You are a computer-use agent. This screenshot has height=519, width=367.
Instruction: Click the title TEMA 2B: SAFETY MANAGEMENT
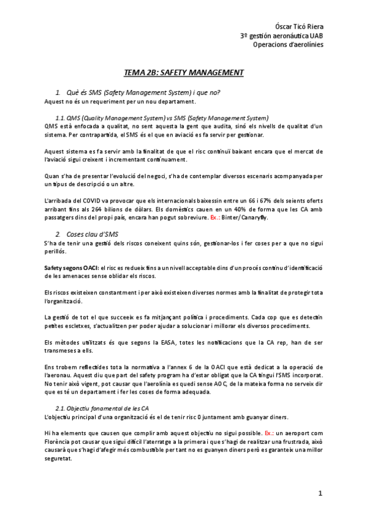pyautogui.click(x=183, y=73)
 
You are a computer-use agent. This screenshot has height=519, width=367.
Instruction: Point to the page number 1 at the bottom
pyautogui.click(x=320, y=494)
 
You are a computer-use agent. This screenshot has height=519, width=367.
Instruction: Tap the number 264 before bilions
pyautogui.click(x=108, y=210)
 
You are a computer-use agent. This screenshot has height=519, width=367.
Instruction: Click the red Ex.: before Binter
pyautogui.click(x=218, y=218)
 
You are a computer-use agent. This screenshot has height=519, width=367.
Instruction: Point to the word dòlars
pyautogui.click(x=144, y=210)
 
